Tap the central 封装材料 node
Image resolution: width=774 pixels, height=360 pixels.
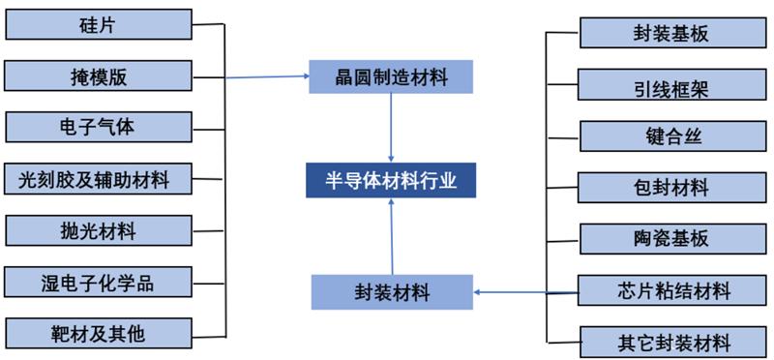pos(392,291)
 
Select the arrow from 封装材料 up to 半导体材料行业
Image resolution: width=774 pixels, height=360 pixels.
pos(392,237)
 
